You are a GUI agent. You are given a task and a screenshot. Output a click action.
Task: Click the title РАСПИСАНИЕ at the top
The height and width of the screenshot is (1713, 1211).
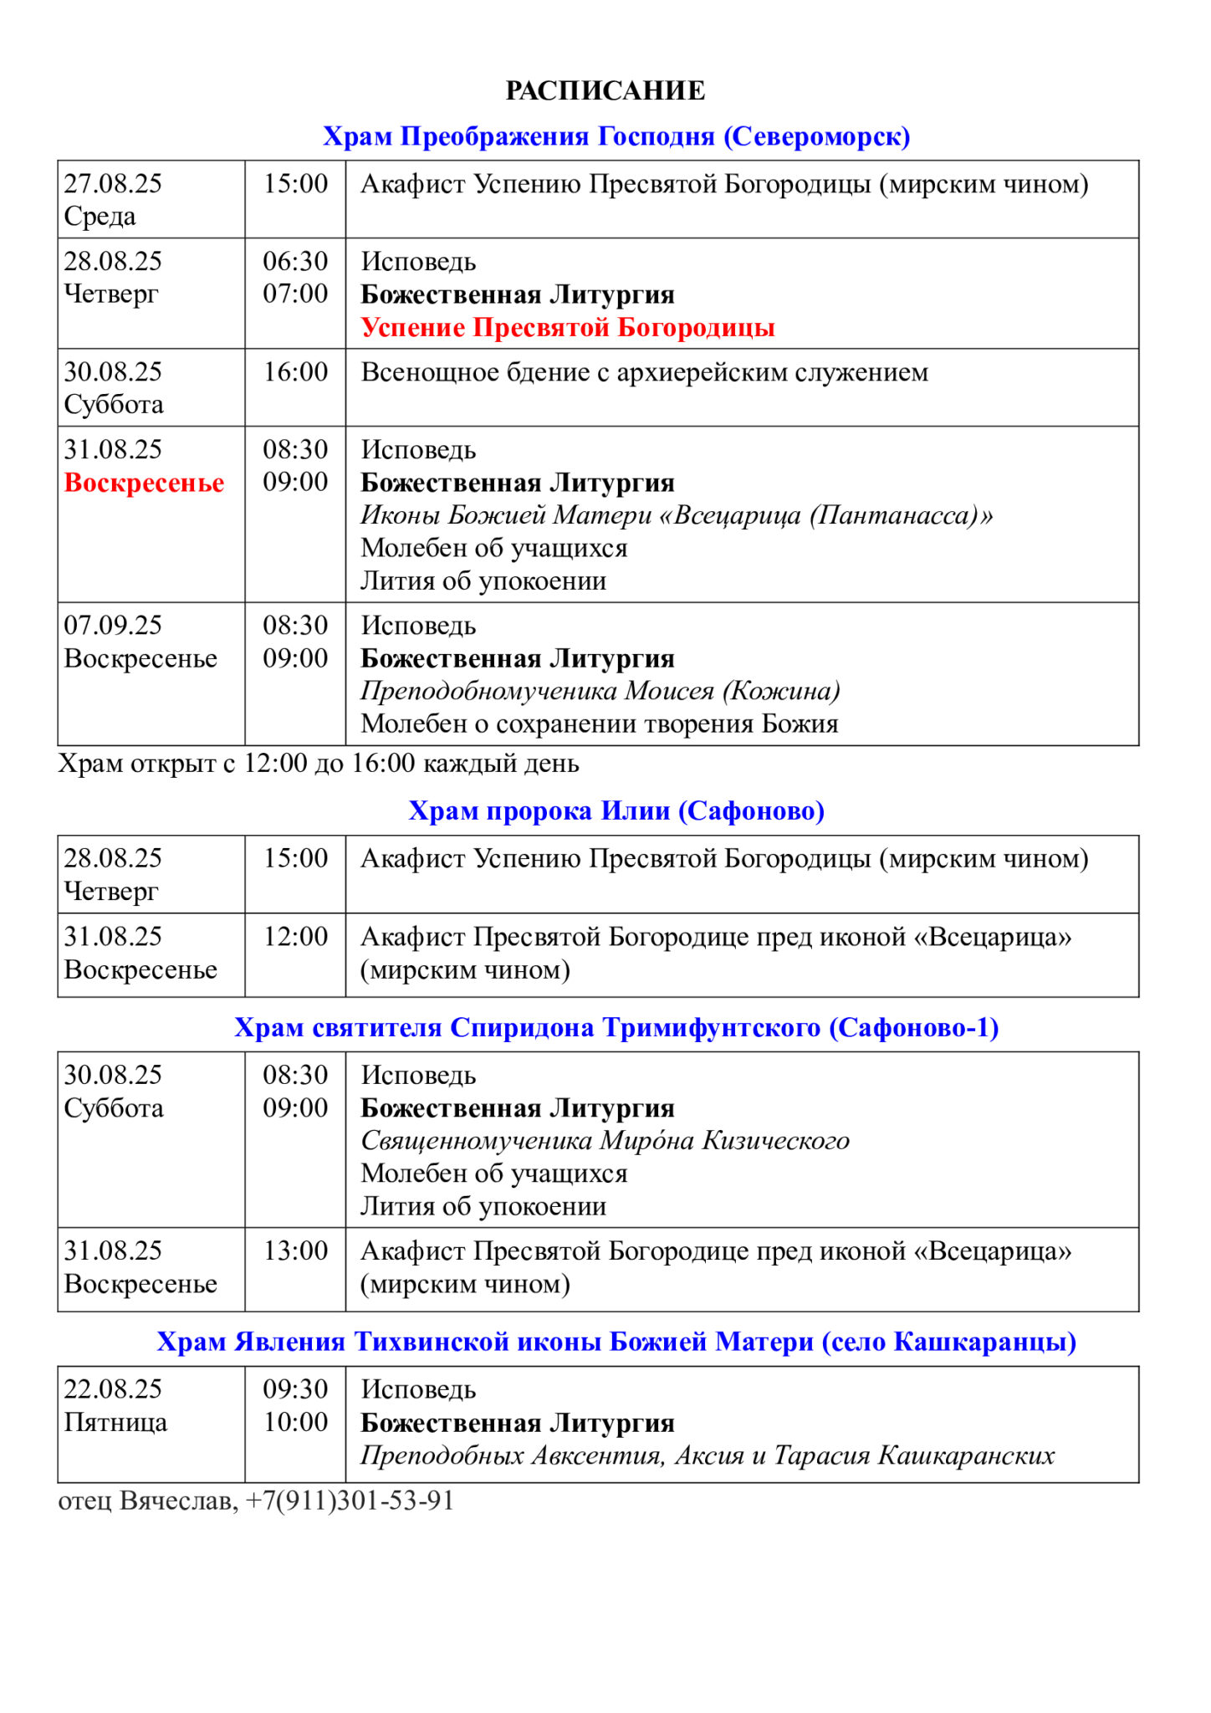point(605,90)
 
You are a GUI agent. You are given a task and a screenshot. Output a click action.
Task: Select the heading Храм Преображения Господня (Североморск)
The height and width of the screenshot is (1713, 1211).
point(616,136)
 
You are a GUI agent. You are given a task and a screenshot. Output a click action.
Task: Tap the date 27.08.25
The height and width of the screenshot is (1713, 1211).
point(113,184)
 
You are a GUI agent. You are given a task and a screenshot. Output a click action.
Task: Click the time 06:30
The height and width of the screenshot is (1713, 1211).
point(295,262)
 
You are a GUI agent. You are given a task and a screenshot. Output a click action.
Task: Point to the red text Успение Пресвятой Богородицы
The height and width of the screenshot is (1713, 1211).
point(568,327)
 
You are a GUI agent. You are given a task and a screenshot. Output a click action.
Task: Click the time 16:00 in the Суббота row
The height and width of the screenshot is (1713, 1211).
point(295,372)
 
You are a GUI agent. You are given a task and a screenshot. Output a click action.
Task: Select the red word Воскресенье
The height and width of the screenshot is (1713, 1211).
point(144,483)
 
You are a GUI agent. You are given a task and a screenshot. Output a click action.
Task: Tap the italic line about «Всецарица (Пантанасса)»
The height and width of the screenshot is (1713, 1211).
point(677,515)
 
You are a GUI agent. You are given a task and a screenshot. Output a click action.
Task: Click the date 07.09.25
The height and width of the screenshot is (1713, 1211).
point(113,626)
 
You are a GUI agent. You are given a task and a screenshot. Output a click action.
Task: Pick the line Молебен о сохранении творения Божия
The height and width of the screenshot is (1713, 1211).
point(599,724)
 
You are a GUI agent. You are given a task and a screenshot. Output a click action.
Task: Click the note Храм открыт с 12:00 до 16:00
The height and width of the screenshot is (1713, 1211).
point(318,764)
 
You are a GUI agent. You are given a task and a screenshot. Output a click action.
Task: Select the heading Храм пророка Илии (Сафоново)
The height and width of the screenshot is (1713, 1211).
point(616,811)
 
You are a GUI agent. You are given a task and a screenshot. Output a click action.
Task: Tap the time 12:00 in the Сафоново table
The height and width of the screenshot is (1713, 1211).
point(295,937)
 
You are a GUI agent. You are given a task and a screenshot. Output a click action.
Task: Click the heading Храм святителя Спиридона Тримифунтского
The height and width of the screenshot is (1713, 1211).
point(616,1028)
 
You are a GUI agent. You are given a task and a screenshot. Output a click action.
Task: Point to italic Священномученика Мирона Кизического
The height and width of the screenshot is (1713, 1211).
point(605,1141)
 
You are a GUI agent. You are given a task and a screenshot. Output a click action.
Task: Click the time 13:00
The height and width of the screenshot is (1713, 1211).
point(295,1251)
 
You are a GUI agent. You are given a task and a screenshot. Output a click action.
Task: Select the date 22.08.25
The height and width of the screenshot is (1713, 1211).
point(113,1389)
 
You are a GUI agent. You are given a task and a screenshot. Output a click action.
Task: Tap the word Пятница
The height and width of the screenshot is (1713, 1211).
point(115,1423)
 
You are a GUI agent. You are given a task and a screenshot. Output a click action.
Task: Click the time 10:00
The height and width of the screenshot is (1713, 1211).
point(295,1423)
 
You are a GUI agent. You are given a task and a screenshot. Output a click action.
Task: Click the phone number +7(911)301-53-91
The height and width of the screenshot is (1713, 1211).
point(350,1501)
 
